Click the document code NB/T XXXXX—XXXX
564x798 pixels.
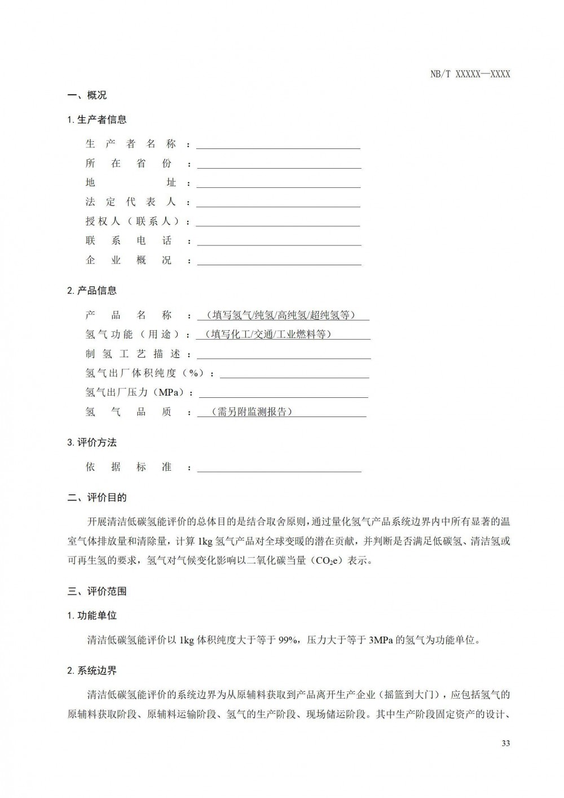[470, 74]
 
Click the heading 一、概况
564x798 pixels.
[87, 95]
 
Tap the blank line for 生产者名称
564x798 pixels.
[278, 145]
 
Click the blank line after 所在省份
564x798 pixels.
[278, 164]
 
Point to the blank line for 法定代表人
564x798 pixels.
[278, 203]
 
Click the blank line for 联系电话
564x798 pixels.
[278, 242]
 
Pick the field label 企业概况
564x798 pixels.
[129, 261]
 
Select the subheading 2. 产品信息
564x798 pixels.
[92, 291]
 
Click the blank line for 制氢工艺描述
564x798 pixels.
[284, 354]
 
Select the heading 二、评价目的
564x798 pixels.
[97, 498]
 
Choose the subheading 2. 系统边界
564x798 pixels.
[92, 670]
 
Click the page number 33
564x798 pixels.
[505, 743]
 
